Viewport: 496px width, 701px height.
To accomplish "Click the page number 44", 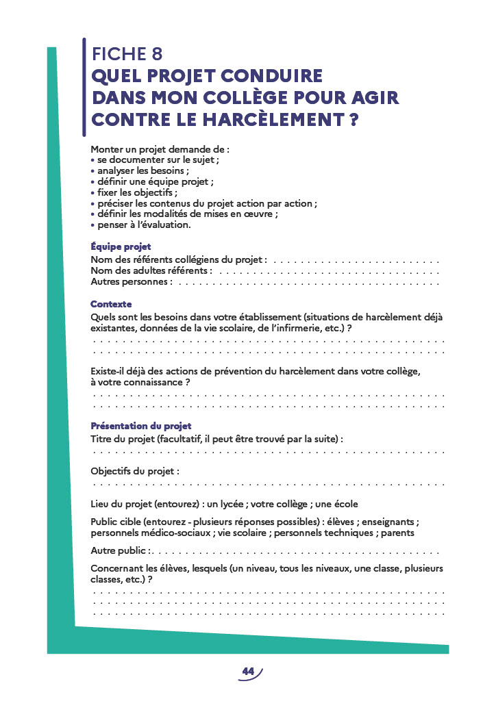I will pos(248,672).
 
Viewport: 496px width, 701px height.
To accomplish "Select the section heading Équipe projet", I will pos(121,246).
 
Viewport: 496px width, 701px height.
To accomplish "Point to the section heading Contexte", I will pos(111,304).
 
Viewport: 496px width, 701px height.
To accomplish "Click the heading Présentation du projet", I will pos(141,426).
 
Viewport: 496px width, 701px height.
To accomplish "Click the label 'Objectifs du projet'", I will pos(134,472).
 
